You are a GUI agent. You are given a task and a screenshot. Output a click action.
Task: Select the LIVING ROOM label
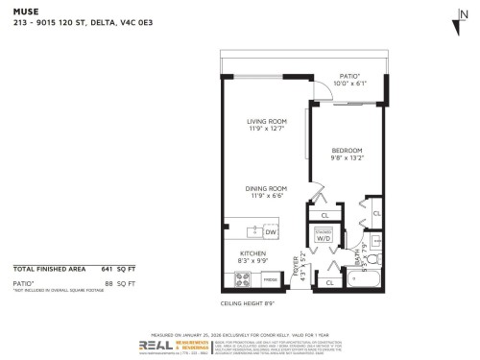coord(266,124)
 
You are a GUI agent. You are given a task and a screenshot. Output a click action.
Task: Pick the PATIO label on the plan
coord(350,79)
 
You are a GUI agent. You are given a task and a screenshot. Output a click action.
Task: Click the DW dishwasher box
coord(270,232)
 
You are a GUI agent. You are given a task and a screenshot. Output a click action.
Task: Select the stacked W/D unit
coord(325,235)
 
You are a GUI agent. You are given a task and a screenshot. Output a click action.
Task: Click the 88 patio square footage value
coord(112,284)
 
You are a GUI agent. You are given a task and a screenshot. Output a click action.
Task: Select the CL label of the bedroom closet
coord(377,213)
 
